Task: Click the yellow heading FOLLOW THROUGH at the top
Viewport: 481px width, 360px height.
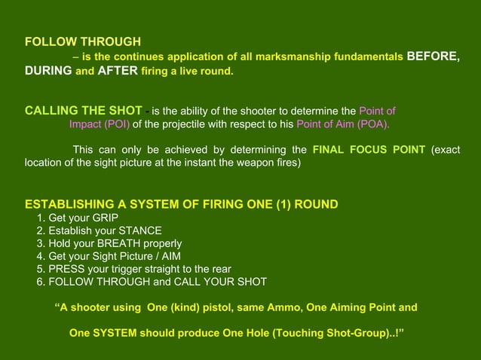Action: pyautogui.click(x=83, y=42)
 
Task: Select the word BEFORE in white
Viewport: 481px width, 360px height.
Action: pyautogui.click(x=433, y=56)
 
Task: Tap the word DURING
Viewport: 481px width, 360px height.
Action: pyautogui.click(x=48, y=72)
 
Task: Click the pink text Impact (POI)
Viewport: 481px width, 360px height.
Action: pyautogui.click(x=100, y=125)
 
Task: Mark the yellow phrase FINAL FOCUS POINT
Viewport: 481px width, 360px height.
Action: pyautogui.click(x=369, y=149)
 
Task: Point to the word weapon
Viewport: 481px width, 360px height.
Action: pyautogui.click(x=240, y=163)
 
